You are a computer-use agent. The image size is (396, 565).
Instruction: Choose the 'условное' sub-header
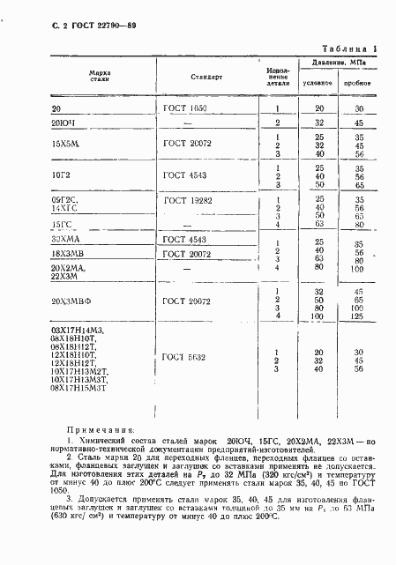(x=317, y=83)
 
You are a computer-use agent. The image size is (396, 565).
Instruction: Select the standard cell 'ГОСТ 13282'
(x=186, y=202)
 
